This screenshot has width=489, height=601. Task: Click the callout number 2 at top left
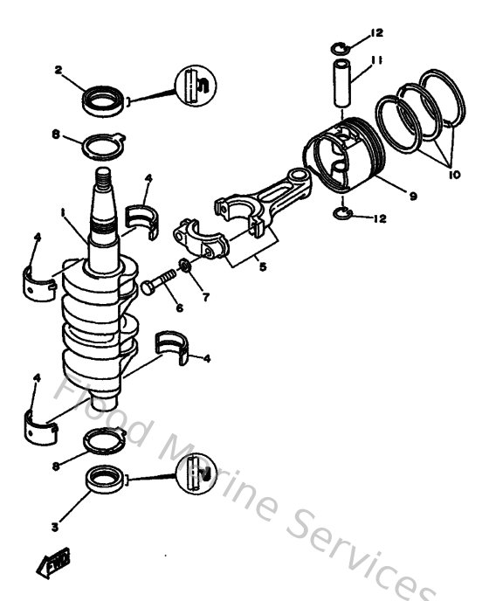tap(58, 69)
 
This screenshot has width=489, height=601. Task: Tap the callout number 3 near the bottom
tap(54, 527)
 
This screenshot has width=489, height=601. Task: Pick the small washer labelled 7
tap(185, 266)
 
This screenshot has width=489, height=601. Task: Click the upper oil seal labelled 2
tap(104, 100)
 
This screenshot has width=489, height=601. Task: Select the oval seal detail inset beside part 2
tap(195, 86)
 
